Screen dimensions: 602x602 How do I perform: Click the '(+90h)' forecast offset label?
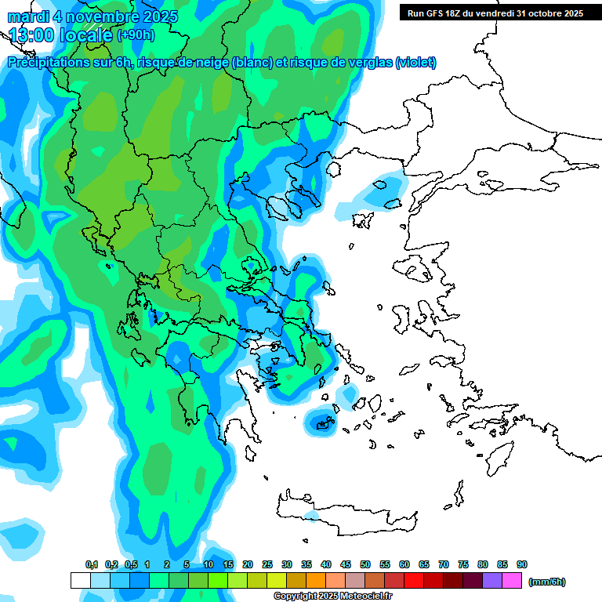coord(136,34)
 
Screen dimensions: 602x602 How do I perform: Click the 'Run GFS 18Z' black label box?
coord(495,13)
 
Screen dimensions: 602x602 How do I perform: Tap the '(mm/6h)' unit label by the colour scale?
coord(547,582)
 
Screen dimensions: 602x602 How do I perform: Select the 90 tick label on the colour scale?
coord(522,564)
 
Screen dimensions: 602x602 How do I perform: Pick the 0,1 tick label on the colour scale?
coord(91,564)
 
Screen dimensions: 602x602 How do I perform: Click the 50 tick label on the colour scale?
coord(365,564)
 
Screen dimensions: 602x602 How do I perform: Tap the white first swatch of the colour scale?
coord(80,581)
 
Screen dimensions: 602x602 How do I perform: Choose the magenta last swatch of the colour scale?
coord(512,581)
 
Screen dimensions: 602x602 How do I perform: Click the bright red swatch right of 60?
coord(414,581)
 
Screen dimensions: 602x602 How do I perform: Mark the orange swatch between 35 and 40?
coord(316,581)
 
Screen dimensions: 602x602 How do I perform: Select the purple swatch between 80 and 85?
coord(492,581)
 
